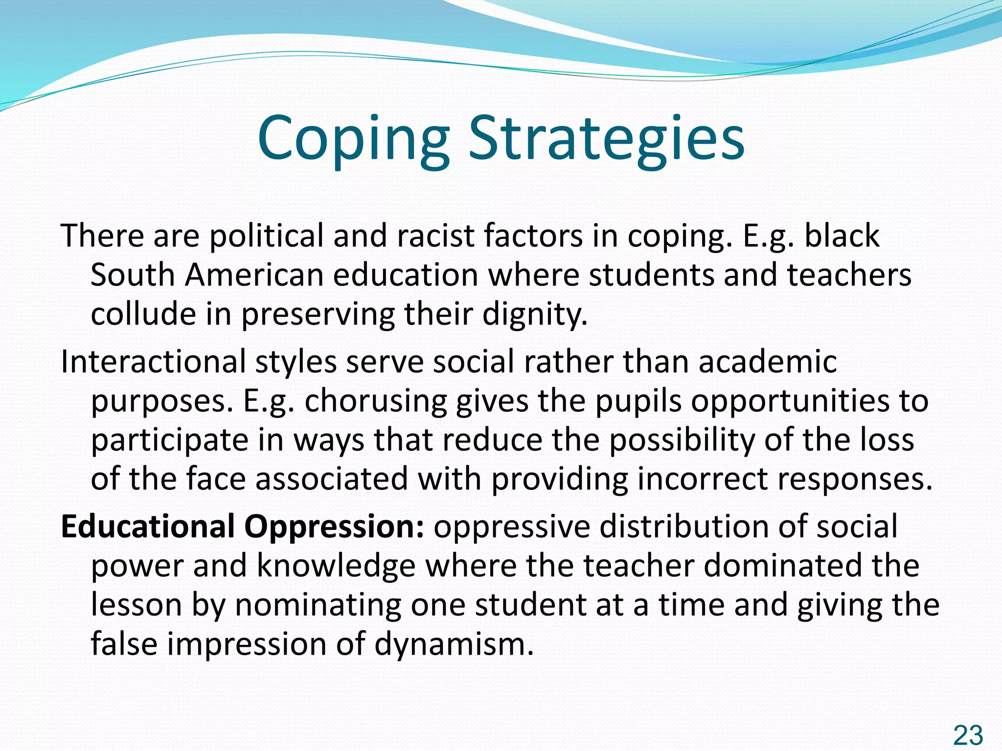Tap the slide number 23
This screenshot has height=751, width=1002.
[x=968, y=735]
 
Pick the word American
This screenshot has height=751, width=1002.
[x=254, y=275]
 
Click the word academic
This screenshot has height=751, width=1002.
[x=767, y=362]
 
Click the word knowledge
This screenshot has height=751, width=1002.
[x=336, y=566]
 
